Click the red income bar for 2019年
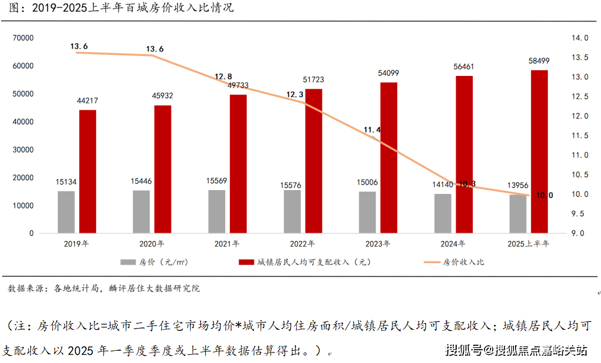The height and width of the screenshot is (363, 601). coord(88,171)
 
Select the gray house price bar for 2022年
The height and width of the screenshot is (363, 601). coord(292,212)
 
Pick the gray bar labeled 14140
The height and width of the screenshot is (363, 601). coord(443,213)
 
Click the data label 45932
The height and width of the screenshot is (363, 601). coord(162,96)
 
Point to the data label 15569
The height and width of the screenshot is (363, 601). coord(216,181)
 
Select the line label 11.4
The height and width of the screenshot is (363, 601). coord(372,130)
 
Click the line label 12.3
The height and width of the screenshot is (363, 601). coord(295,95)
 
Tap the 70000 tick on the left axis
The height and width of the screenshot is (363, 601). coord(23,38)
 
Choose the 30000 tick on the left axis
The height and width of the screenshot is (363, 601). coord(23,150)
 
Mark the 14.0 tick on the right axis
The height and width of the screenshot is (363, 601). coord(579,38)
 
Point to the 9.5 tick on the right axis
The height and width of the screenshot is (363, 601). coord(579,213)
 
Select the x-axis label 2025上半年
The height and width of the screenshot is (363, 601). coord(528,244)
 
